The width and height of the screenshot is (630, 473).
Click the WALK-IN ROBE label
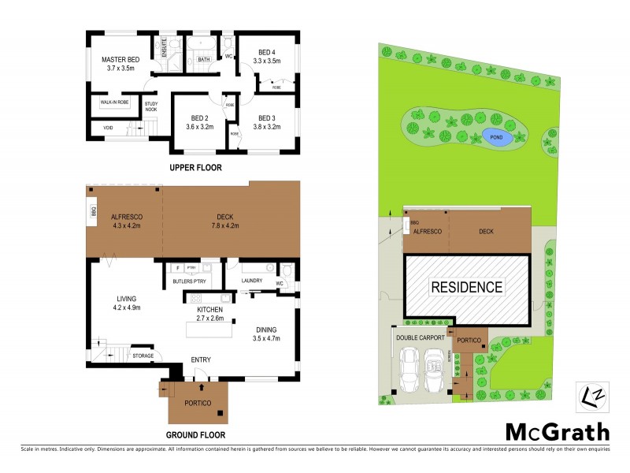click(113, 102)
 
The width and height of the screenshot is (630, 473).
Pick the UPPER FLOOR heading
click(196, 167)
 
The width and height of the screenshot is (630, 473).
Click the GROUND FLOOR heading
click(196, 434)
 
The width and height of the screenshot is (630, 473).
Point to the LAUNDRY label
click(251, 281)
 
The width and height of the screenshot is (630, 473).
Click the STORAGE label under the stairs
click(143, 356)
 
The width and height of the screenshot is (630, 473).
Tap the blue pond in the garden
click(496, 137)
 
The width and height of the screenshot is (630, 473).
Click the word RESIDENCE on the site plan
click(466, 287)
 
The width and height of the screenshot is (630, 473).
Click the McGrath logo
click(557, 432)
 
